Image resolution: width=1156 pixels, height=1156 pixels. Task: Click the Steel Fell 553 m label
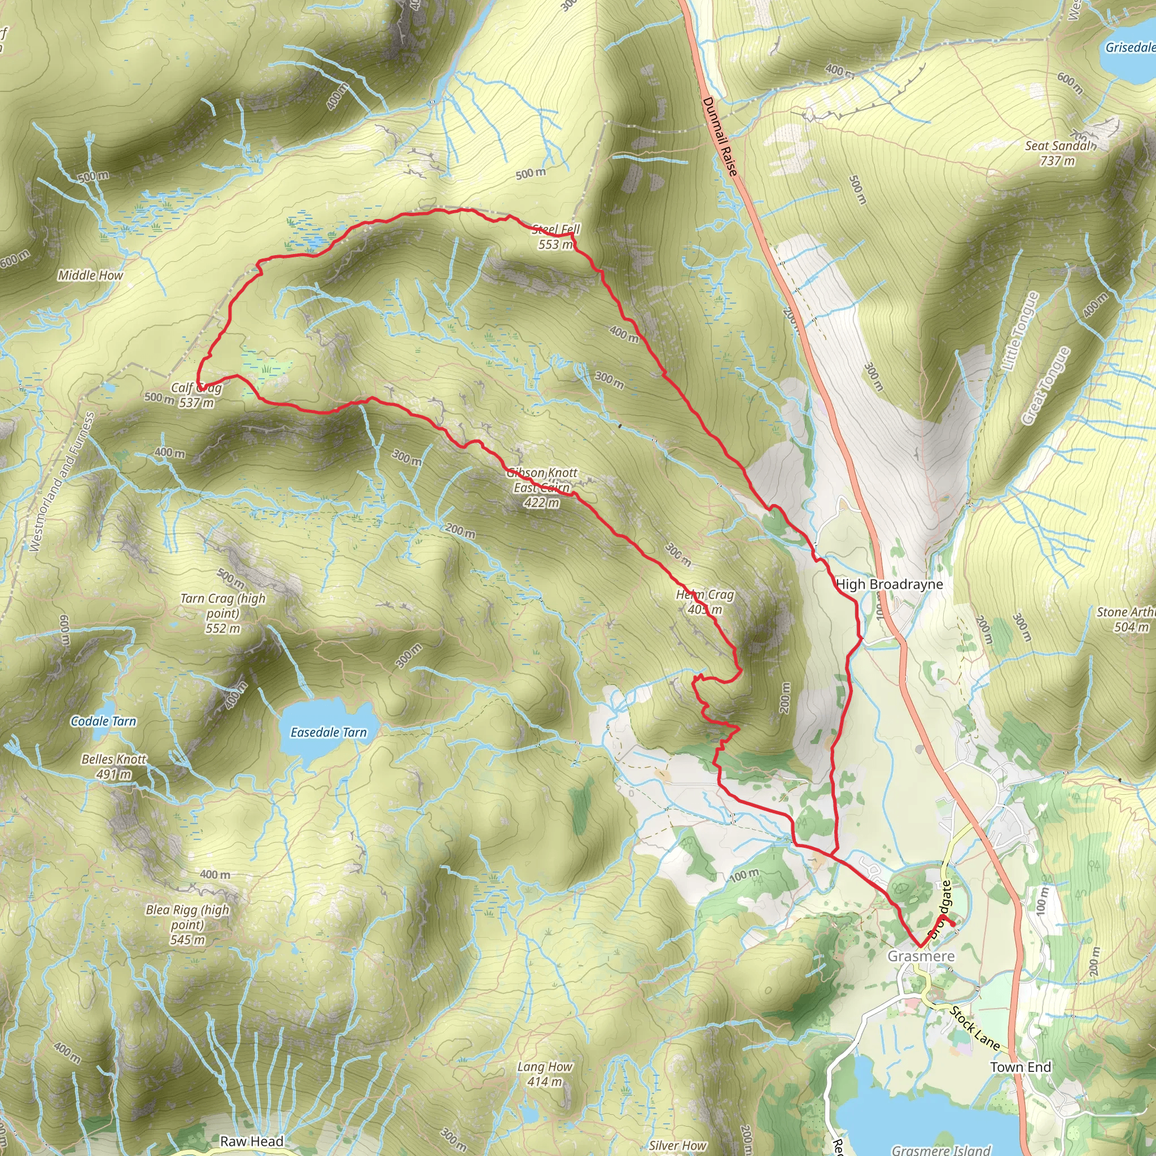click(x=556, y=237)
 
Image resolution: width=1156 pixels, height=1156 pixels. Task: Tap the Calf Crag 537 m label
click(x=196, y=395)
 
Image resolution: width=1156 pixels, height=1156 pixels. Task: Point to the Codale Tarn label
click(x=103, y=721)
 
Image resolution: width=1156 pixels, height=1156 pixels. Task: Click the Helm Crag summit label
click(x=704, y=602)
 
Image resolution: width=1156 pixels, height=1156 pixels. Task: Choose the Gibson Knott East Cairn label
click(x=542, y=488)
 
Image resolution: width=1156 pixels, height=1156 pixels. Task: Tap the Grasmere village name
click(x=921, y=956)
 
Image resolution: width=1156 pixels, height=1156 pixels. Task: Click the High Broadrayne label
click(x=889, y=584)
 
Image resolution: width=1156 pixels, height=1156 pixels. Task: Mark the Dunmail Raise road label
click(x=719, y=137)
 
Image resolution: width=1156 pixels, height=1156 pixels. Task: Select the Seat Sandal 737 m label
click(x=1059, y=153)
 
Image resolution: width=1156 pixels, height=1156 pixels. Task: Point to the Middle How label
click(x=90, y=275)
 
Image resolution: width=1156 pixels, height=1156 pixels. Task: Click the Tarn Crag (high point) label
click(x=222, y=612)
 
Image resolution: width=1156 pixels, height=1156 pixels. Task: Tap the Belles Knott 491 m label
click(x=113, y=767)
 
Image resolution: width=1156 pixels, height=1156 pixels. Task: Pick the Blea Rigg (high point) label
click(x=187, y=925)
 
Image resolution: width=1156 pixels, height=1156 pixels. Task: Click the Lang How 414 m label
click(x=545, y=1074)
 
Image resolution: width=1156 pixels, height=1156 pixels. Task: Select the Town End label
click(x=1020, y=1067)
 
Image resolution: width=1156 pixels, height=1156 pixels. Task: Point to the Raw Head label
click(x=251, y=1141)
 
